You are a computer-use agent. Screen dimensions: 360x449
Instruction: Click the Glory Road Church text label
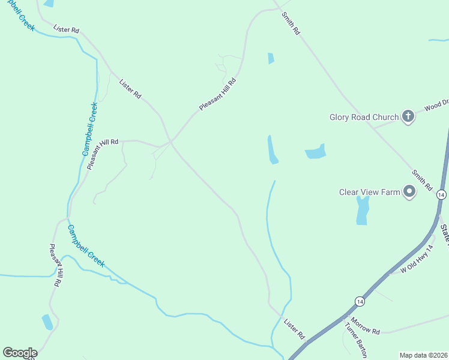point(364,117)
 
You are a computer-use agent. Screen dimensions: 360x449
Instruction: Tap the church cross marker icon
point(408,116)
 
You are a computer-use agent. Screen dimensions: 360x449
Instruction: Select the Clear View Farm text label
point(369,192)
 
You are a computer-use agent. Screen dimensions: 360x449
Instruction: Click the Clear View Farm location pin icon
point(410,192)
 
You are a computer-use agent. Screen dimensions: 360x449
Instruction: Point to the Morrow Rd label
point(366,326)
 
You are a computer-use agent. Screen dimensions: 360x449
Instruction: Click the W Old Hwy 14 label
point(417,260)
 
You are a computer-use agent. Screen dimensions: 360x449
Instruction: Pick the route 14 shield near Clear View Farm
point(441,195)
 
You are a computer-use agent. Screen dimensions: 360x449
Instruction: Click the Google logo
point(20,353)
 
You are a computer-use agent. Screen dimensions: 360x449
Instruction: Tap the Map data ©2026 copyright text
point(423,355)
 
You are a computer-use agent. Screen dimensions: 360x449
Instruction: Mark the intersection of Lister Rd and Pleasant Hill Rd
point(170,142)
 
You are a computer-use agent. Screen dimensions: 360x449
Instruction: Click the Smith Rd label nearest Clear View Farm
point(422,180)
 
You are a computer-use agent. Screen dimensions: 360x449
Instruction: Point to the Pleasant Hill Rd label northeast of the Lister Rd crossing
point(217,94)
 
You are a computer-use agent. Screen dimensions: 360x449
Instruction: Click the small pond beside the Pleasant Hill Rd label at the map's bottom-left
point(47,322)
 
